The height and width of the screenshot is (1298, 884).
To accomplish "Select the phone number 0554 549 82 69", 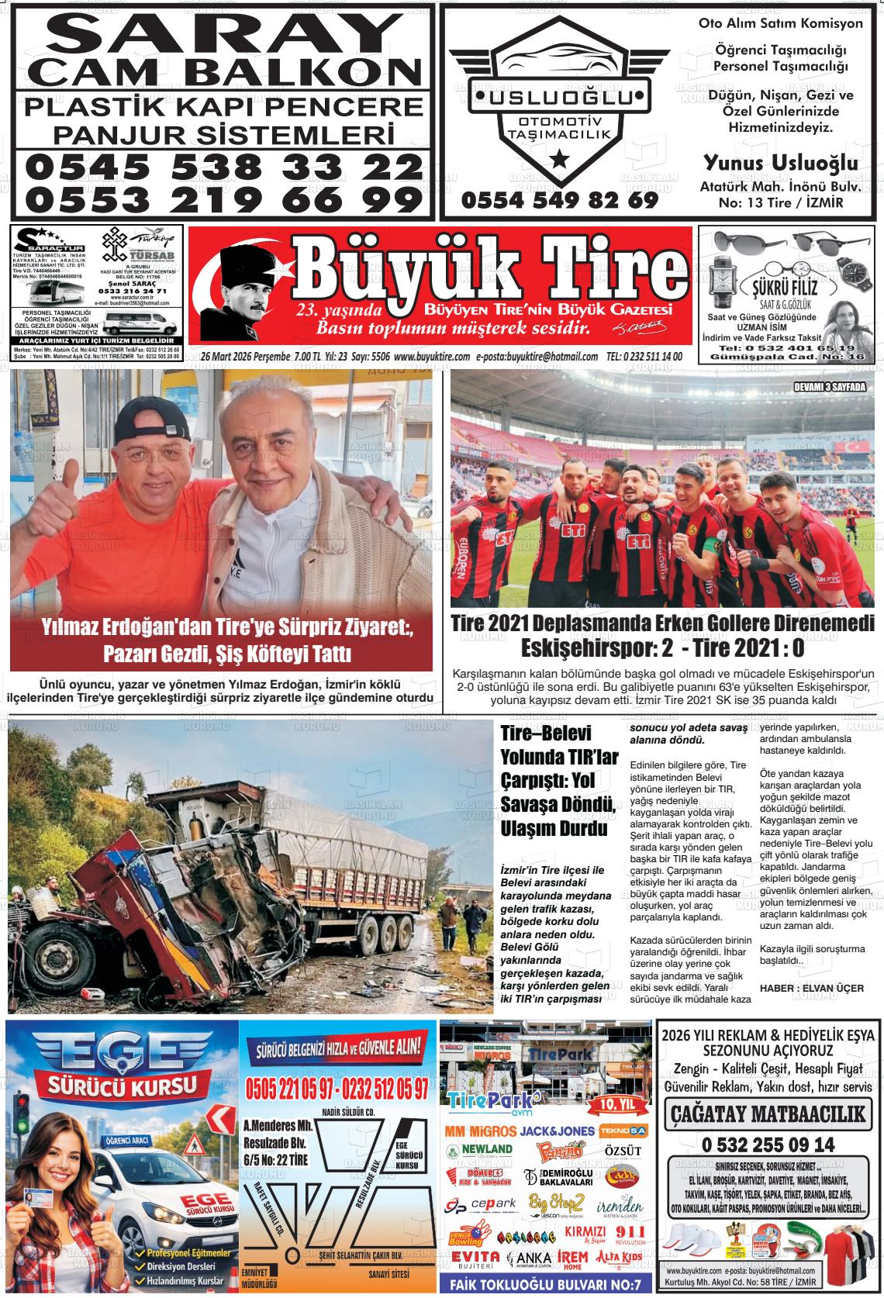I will click(x=559, y=200).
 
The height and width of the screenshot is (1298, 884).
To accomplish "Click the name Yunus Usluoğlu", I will click(x=780, y=163).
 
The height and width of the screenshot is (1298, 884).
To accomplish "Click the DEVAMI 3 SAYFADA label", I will click(x=829, y=387).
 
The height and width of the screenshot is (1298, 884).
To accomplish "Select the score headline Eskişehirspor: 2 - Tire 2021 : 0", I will click(x=662, y=647).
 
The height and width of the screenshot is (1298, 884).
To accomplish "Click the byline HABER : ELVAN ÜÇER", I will click(x=800, y=987).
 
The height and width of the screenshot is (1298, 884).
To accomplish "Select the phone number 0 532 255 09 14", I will click(x=768, y=1144).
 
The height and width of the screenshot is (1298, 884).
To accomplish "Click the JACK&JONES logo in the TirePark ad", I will click(x=558, y=1131).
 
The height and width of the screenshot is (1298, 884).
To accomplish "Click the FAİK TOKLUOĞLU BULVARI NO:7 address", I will click(x=545, y=1285).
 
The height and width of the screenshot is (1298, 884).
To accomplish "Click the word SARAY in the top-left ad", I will click(x=221, y=35).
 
